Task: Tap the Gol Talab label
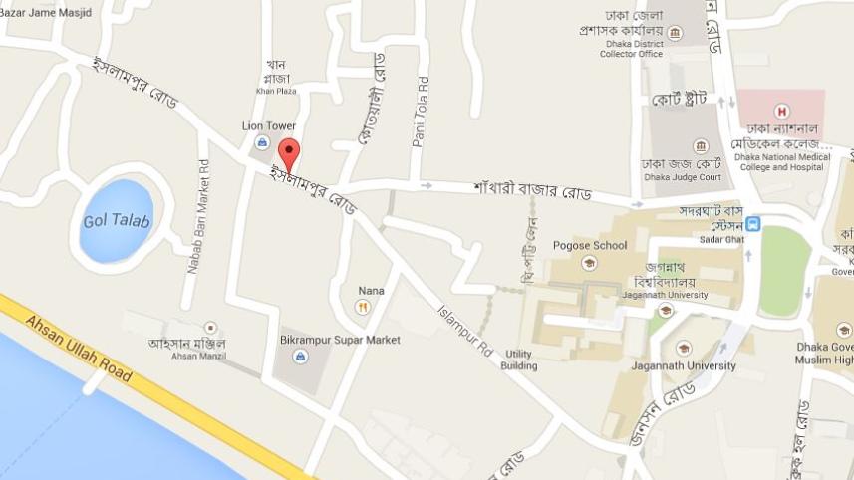(x=117, y=221)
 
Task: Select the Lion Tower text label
(x=269, y=126)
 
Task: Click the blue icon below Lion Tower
(x=262, y=143)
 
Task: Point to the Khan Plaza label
(x=276, y=91)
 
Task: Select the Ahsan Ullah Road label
(x=80, y=350)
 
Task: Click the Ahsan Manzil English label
(x=199, y=356)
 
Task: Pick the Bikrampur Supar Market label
(x=340, y=340)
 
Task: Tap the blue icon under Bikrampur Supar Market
(x=301, y=357)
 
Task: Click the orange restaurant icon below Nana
(x=363, y=307)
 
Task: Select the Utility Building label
(x=520, y=360)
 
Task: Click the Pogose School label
(x=597, y=245)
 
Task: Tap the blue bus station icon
(x=754, y=223)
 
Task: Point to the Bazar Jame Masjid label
(x=46, y=12)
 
